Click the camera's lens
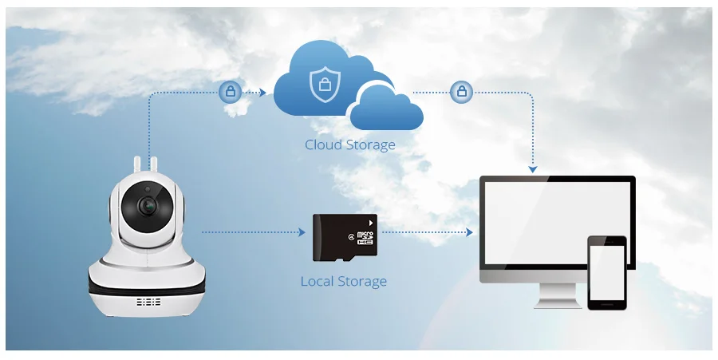point(148,207)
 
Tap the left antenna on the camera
point(137,165)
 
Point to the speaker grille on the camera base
point(148,302)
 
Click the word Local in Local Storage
point(317,281)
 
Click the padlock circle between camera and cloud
point(231,92)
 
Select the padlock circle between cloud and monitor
point(462,92)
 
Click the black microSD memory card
point(345,238)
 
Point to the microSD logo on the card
point(365,237)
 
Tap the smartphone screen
point(607,272)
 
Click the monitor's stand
point(558,296)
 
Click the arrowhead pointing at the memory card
point(302,232)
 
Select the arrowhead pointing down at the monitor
point(533,169)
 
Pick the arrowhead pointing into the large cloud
point(262,93)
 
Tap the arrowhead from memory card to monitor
point(469,232)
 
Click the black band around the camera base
point(147,287)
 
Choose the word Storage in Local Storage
point(362,282)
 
